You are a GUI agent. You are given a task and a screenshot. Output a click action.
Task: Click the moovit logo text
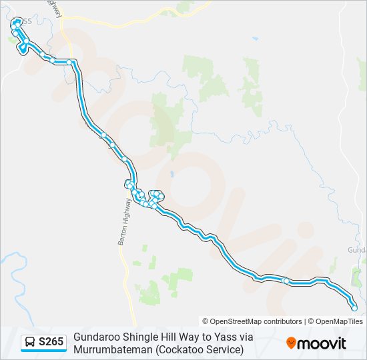tap(322, 343)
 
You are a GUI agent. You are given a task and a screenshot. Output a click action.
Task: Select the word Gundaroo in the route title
tap(97, 337)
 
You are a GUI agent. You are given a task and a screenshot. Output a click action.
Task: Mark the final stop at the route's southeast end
tap(354, 307)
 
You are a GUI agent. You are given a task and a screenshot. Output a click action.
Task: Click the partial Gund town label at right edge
tap(357, 249)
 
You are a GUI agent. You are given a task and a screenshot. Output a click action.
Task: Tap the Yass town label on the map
tap(23, 21)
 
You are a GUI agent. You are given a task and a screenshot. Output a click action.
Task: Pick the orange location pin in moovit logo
tap(291, 343)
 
